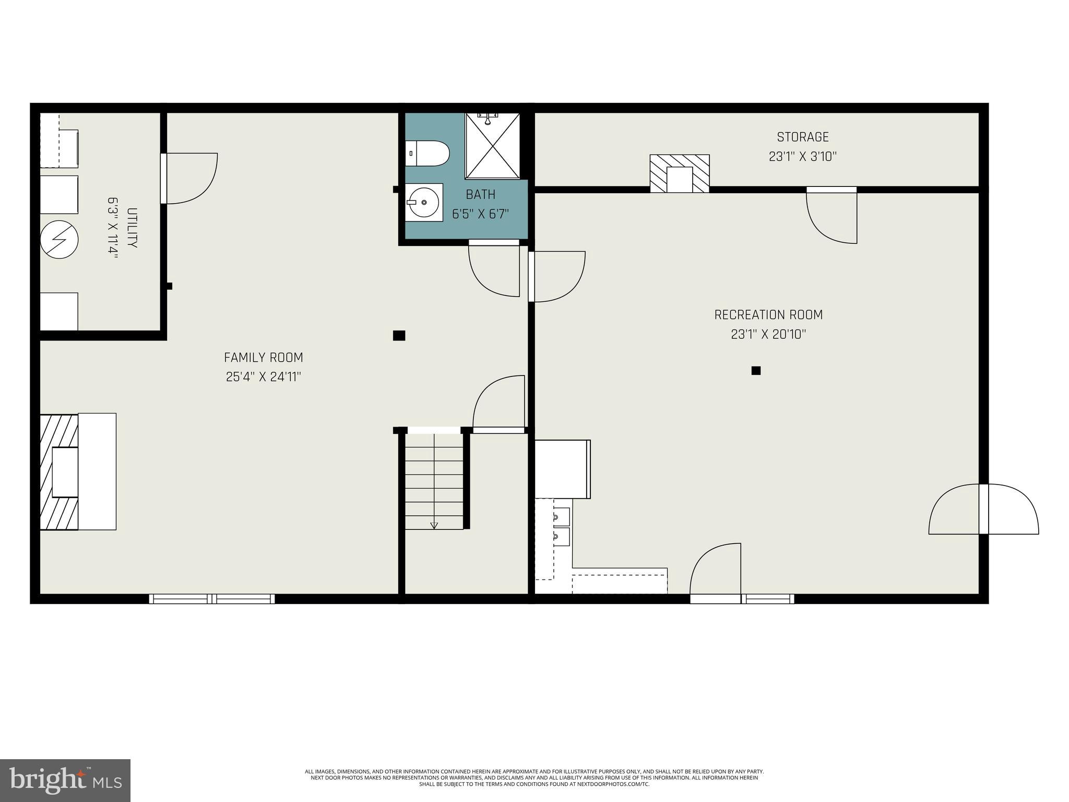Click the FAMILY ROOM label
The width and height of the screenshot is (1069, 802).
(x=263, y=358)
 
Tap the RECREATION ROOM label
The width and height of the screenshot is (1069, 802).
(x=768, y=315)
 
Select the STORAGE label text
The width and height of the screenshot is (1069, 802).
(x=802, y=137)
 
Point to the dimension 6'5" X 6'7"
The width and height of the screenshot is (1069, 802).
(x=480, y=214)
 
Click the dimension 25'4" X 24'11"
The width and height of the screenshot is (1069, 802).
(x=263, y=377)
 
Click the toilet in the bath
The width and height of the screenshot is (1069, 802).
(x=428, y=154)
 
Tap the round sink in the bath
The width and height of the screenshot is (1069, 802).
(x=424, y=202)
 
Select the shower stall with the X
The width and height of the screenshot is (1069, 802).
(x=492, y=146)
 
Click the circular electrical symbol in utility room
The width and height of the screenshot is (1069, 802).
(x=60, y=240)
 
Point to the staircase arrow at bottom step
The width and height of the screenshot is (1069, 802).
(x=434, y=525)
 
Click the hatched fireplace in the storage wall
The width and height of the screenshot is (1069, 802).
(x=679, y=173)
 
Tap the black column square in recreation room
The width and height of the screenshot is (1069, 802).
(x=755, y=371)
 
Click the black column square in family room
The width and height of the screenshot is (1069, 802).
(x=399, y=336)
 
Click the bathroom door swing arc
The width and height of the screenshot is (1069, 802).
(x=493, y=270)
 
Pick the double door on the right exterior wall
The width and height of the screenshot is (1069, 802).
(x=983, y=510)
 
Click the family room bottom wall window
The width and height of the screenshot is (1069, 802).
(x=212, y=599)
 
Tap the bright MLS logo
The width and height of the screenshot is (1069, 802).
(x=65, y=781)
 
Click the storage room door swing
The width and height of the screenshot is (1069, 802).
(x=831, y=216)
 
